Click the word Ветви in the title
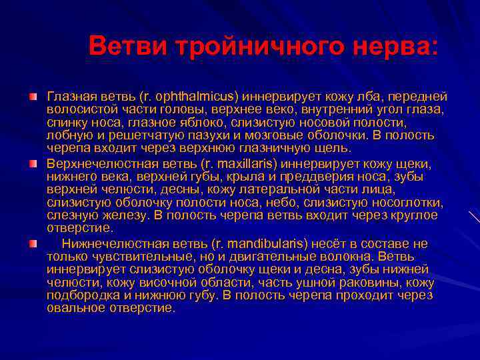[127, 47]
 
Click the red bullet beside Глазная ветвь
[33, 98]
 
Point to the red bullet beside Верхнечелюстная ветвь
[33, 163]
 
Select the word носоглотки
[405, 203]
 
